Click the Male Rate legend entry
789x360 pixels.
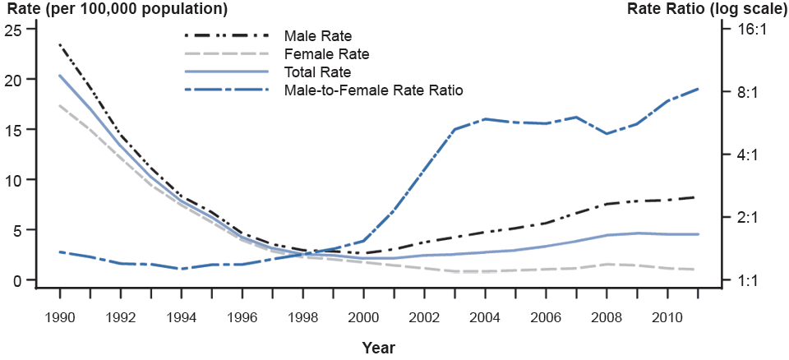pyautogui.click(x=317, y=36)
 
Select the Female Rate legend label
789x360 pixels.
pyautogui.click(x=326, y=54)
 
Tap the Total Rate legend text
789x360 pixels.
pyautogui.click(x=317, y=72)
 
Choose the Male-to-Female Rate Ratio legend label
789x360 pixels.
pyautogui.click(x=373, y=90)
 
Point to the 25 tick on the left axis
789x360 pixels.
pyautogui.click(x=12, y=29)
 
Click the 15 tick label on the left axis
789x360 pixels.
pyautogui.click(x=12, y=129)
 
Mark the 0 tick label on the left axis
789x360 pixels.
pyautogui.click(x=16, y=280)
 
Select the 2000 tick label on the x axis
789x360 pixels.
pyautogui.click(x=363, y=316)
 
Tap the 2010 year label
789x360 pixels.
pyautogui.click(x=667, y=316)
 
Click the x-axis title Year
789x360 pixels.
pyautogui.click(x=378, y=348)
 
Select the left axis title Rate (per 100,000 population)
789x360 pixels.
pyautogui.click(x=116, y=10)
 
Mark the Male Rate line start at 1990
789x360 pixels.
pyautogui.click(x=60, y=44)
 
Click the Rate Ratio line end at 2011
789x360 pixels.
pyautogui.click(x=698, y=89)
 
